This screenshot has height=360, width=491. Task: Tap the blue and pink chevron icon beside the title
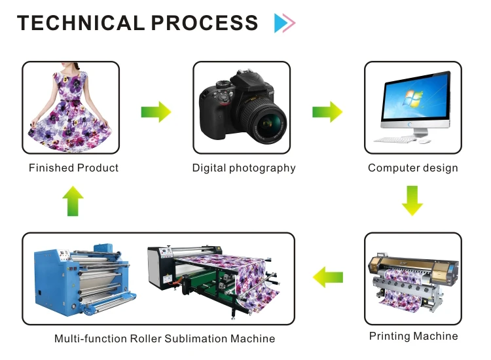[285, 24]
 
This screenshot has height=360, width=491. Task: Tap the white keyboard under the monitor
[395, 139]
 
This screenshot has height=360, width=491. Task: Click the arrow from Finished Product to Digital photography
[156, 112]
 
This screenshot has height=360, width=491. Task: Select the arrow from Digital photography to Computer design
[327, 112]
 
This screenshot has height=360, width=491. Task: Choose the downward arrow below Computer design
[412, 200]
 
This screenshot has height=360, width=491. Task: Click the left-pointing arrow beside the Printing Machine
[328, 277]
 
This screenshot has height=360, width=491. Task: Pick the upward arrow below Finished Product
[72, 201]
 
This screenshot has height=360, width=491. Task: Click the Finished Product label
[73, 168]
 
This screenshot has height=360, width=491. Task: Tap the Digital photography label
[244, 168]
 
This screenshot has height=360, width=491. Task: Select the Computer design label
[412, 168]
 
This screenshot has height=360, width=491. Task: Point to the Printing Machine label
[413, 336]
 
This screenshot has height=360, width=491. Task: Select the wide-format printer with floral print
[413, 278]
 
